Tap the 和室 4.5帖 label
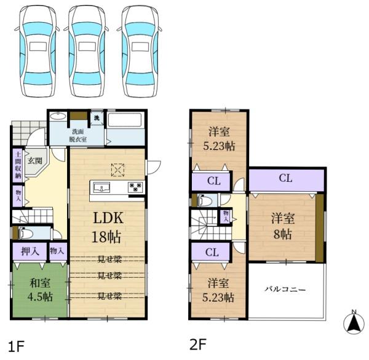point(40,290)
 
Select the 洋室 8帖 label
point(283,225)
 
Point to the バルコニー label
point(285,289)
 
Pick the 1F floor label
point(17,346)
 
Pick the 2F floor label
point(198,344)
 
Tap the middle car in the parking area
point(87,51)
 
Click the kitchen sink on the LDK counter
point(101,187)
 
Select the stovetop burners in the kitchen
point(135,187)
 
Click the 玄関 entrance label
point(35,161)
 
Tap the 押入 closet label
point(30,252)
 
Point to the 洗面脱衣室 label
point(78,135)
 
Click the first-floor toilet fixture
point(25,233)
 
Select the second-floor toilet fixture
point(205,200)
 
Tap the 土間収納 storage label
point(18,165)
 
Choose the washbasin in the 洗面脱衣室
point(58,116)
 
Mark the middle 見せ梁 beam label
point(109,275)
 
